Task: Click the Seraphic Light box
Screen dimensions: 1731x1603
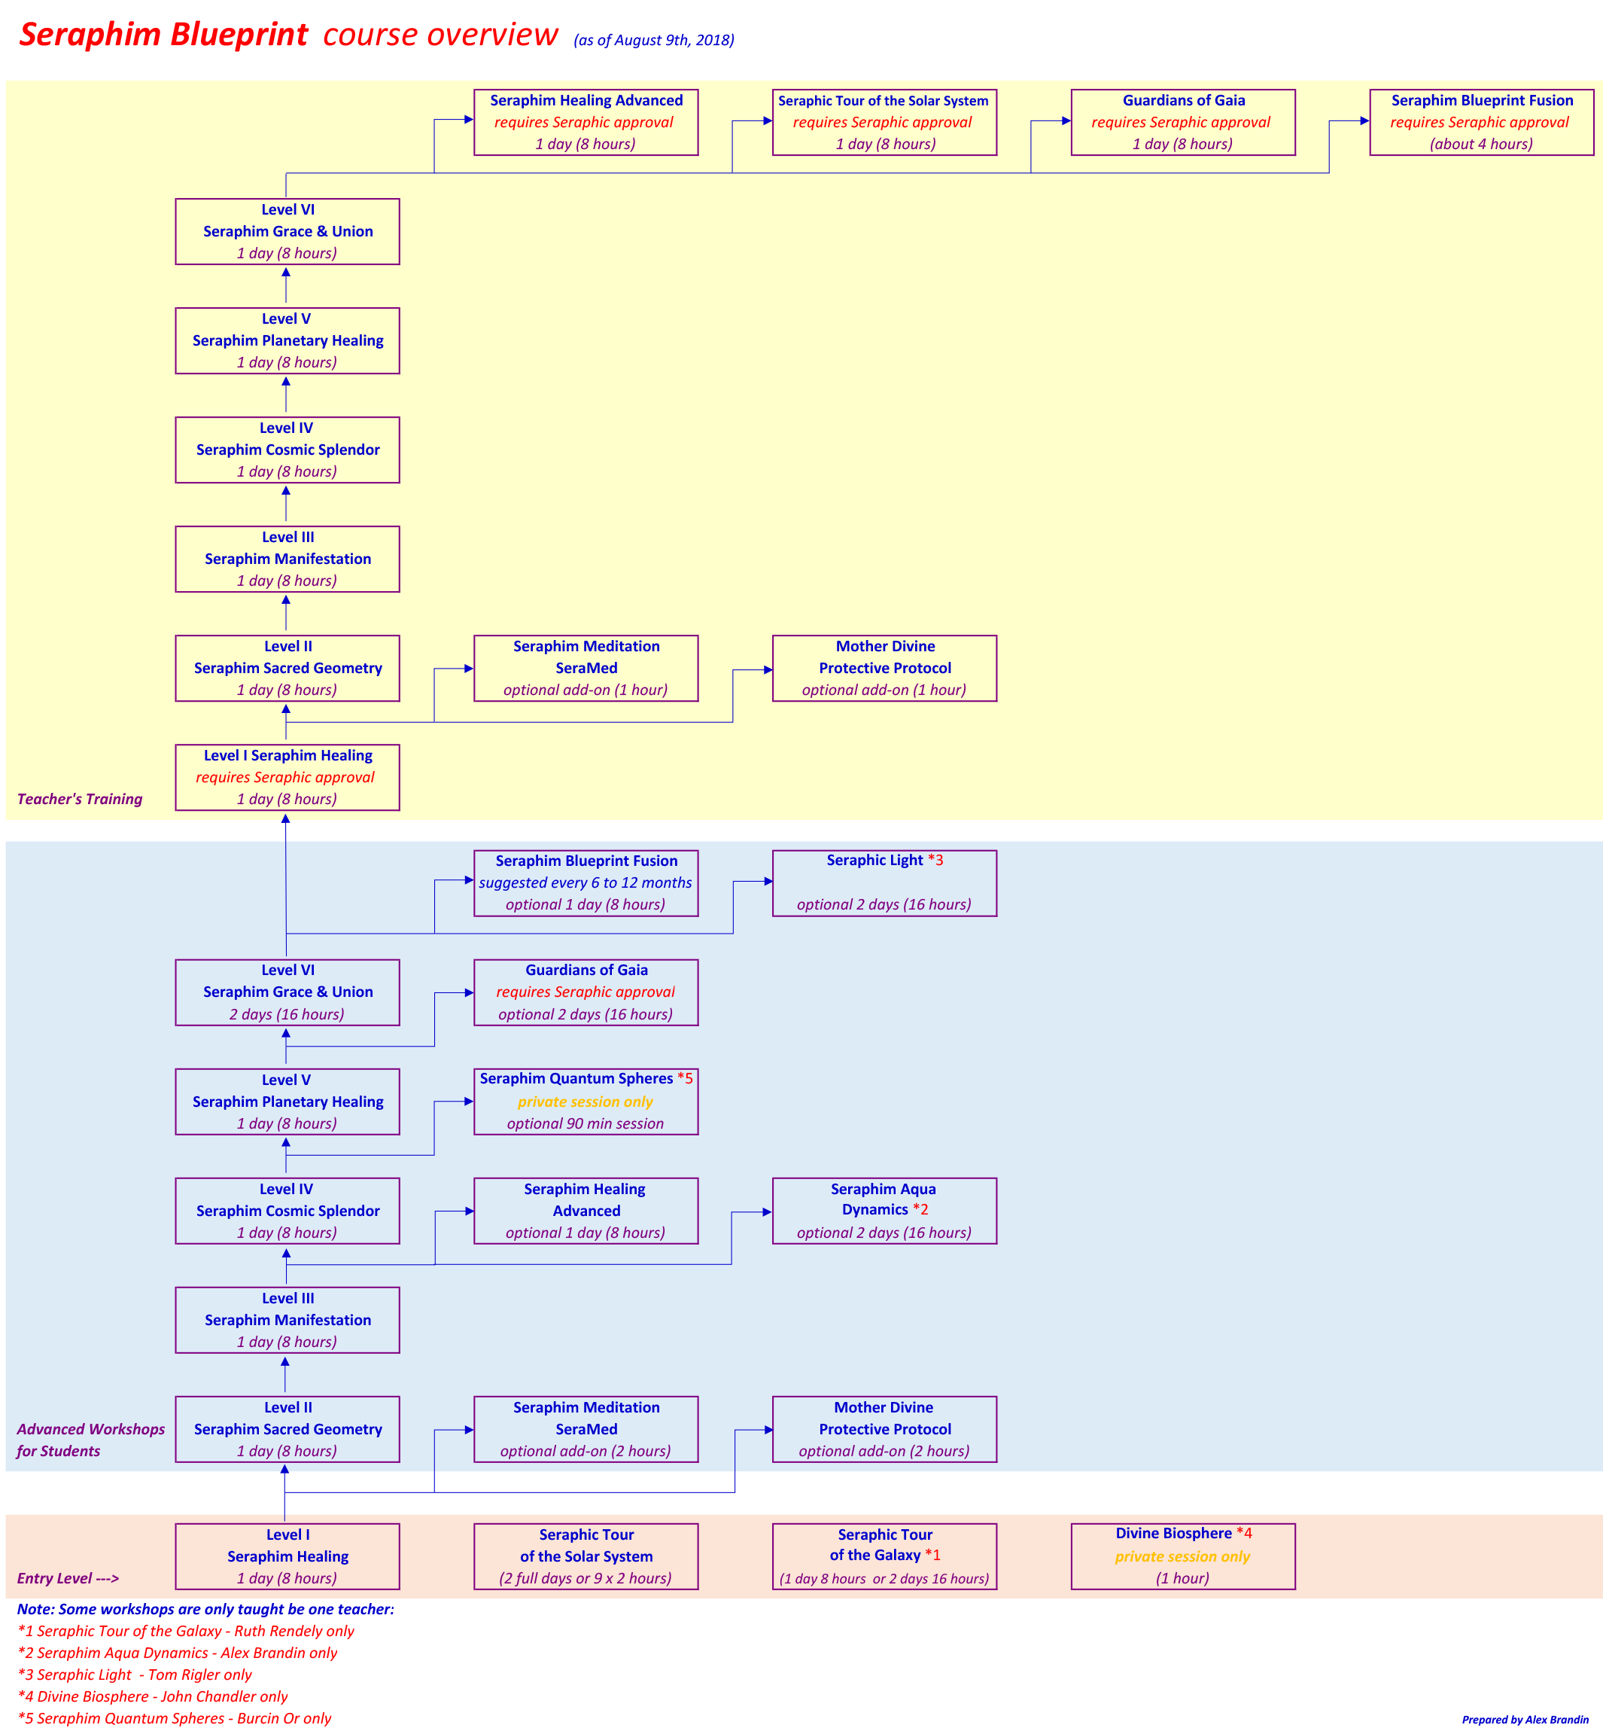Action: (x=884, y=882)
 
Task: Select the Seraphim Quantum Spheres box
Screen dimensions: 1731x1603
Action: (x=586, y=1101)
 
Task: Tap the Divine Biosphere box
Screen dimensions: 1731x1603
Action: (x=1182, y=1556)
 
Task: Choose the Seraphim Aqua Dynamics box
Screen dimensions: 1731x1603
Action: (x=884, y=1211)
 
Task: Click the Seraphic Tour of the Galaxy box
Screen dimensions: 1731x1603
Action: (x=884, y=1556)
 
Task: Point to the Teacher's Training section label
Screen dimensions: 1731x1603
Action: (x=80, y=799)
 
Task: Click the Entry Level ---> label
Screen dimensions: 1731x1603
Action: (x=68, y=1578)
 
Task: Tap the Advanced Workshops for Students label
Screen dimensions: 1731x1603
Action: (x=90, y=1440)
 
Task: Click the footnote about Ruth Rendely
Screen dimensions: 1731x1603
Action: (x=186, y=1630)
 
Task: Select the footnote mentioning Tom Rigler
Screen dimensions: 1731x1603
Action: (x=135, y=1675)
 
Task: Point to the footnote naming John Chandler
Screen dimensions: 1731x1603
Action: (x=153, y=1696)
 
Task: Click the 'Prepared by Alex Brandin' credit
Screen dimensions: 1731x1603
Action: (x=1524, y=1719)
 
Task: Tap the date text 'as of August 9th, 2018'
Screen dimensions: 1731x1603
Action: (x=653, y=40)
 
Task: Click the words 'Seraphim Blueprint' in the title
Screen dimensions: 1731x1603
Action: (x=163, y=35)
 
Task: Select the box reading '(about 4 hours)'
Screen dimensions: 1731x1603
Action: (x=1480, y=122)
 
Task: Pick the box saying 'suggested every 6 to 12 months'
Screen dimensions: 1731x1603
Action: (x=586, y=882)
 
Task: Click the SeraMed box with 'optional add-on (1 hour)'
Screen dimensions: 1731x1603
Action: (x=586, y=668)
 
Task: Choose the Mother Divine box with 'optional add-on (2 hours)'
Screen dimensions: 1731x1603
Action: (x=884, y=1429)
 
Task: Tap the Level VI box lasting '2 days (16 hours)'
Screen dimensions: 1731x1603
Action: (x=287, y=992)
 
